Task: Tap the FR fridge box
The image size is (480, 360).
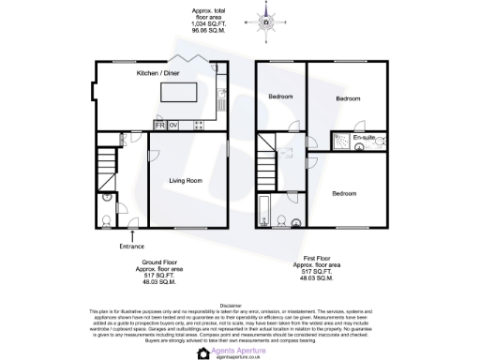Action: (x=160, y=125)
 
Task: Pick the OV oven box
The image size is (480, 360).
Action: (x=173, y=125)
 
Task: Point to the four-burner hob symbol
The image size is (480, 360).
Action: (x=199, y=125)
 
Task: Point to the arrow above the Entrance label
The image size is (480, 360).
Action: (x=132, y=234)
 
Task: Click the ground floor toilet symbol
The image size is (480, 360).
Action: (x=106, y=222)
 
